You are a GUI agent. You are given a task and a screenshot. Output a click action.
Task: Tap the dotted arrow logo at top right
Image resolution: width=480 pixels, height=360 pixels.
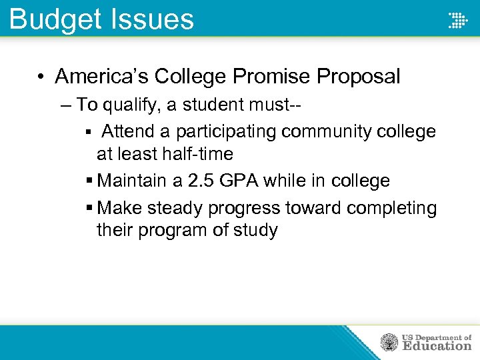click(x=457, y=20)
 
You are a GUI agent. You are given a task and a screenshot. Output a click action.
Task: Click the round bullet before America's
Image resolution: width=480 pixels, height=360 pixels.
click(x=41, y=77)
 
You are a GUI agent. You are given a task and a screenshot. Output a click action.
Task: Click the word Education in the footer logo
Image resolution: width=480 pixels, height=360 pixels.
click(x=437, y=346)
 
